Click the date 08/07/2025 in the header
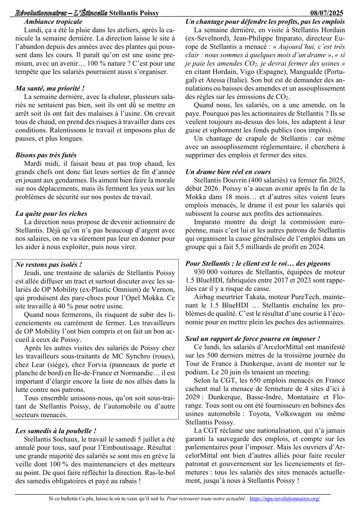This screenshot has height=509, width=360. [328, 13]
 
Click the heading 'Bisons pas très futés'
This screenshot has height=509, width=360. [46, 155]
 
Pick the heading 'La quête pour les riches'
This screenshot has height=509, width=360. [51, 214]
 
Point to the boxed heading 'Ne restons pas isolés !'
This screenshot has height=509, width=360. [49, 264]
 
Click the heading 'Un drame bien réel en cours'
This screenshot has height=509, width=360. [228, 172]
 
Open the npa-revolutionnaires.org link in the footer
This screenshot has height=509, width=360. [285, 499]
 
